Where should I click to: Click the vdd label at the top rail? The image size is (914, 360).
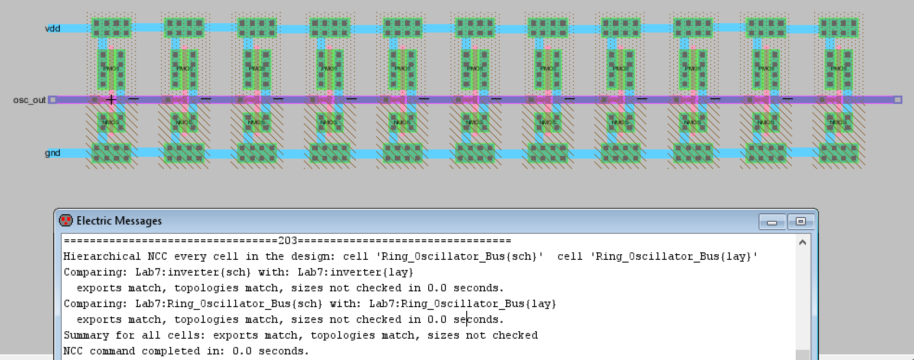[x=52, y=29]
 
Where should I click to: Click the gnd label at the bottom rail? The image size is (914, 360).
[x=52, y=153]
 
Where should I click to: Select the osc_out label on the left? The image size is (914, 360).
[x=30, y=100]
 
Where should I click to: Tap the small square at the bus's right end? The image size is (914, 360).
[x=898, y=100]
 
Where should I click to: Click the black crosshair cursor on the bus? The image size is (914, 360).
[x=111, y=99]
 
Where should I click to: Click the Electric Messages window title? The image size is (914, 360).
[x=119, y=221]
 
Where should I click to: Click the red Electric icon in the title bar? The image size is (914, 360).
[x=66, y=220]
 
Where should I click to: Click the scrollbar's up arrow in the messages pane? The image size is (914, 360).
[x=803, y=243]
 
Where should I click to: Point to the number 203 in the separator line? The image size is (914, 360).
[x=288, y=241]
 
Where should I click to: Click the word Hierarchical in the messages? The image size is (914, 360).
[x=102, y=257]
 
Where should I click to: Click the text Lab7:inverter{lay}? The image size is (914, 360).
[x=355, y=272]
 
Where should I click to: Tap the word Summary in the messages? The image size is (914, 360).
[x=86, y=335]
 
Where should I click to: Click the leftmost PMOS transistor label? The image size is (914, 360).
[x=111, y=68]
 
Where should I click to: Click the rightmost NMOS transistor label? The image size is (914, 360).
[x=838, y=122]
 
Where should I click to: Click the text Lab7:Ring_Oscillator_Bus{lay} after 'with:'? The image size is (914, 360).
[x=463, y=304]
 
